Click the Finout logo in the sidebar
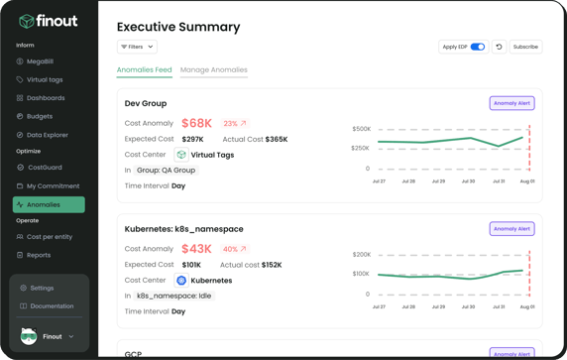[47, 21]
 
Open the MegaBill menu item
[40, 61]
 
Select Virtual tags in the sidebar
[44, 80]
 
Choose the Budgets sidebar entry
[40, 116]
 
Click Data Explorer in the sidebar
[47, 135]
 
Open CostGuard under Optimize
[44, 168]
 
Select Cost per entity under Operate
[49, 237]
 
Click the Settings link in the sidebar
[42, 288]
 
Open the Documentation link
[51, 306]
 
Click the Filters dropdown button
[137, 47]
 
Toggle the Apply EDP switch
[478, 47]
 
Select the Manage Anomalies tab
[213, 70]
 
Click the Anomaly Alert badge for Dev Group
[511, 103]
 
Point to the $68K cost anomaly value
[196, 124]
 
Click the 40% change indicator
[235, 250]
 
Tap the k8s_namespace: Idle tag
[173, 296]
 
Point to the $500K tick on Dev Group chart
[361, 129]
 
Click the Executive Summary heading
[178, 27]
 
